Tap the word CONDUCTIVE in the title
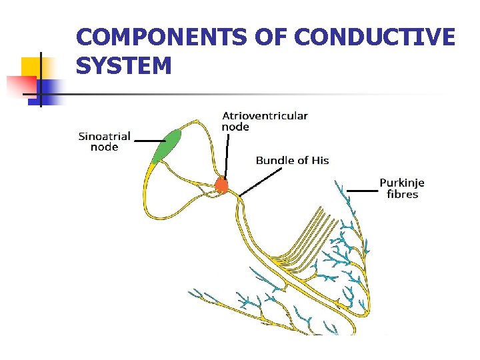pos(374,37)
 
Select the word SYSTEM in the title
pos(124,66)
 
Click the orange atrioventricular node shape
pos(222,185)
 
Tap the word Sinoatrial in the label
pos(105,137)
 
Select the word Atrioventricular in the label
pos(265,115)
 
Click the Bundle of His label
pos(292,160)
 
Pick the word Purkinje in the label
pos(402,183)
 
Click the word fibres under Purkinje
pos(402,195)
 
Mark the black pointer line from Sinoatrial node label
pos(149,141)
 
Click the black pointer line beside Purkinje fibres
pos(361,190)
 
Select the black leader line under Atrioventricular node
pos(227,157)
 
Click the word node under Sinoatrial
pos(105,147)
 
